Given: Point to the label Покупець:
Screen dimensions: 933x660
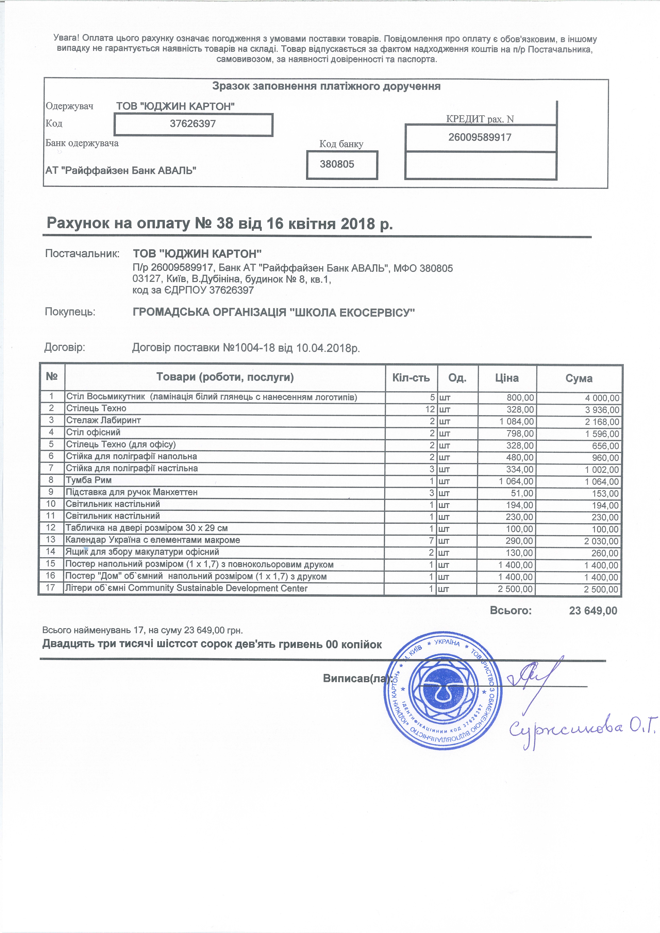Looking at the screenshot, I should [70, 312].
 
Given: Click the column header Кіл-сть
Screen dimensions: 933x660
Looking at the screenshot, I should [411, 378].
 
